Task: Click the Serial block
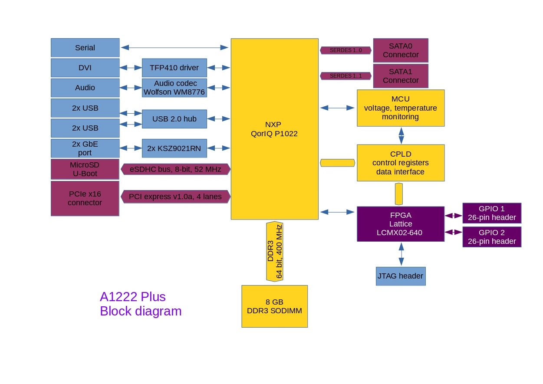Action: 85,48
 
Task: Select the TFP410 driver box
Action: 174,68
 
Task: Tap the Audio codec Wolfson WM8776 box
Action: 174,88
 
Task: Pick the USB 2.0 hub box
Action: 174,119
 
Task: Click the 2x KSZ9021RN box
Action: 174,148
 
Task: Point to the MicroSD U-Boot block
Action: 85,169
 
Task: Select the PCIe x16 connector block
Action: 85,198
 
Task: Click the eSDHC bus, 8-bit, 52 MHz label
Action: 175,169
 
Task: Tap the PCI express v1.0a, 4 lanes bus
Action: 175,197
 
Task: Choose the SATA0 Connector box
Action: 401,50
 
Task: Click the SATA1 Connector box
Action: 401,76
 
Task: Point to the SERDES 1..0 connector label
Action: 346,50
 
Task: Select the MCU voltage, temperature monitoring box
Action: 401,108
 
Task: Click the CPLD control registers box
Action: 401,163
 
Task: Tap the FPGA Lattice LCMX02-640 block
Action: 401,224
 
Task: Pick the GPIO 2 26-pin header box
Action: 492,237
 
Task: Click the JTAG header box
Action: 401,276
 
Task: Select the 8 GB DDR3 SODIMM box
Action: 274,306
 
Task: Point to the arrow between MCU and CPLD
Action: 401,135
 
